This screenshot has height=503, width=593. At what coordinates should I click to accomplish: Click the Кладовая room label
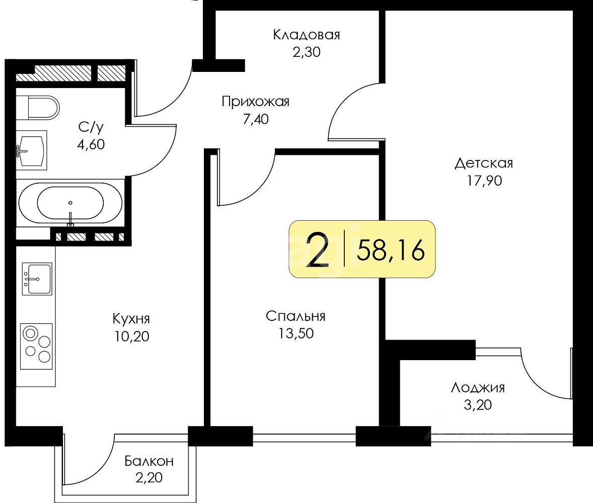point(306,35)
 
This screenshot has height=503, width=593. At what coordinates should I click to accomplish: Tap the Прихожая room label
point(255,102)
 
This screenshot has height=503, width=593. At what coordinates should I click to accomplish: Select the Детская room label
point(483,163)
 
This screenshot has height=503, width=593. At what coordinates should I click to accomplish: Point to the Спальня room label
point(295,316)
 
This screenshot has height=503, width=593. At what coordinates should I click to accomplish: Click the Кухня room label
point(131,318)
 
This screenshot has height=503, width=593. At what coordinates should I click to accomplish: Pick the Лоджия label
point(477,387)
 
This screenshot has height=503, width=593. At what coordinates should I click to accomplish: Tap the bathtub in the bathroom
point(69,203)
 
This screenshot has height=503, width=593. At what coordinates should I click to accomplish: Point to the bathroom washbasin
point(31,149)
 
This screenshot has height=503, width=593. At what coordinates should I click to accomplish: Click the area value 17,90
point(483,181)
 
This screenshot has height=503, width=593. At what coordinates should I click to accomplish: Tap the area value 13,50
point(295,333)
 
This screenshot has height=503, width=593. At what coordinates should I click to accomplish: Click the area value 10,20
point(131,336)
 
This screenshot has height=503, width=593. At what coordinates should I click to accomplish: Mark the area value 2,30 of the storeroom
point(306,52)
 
